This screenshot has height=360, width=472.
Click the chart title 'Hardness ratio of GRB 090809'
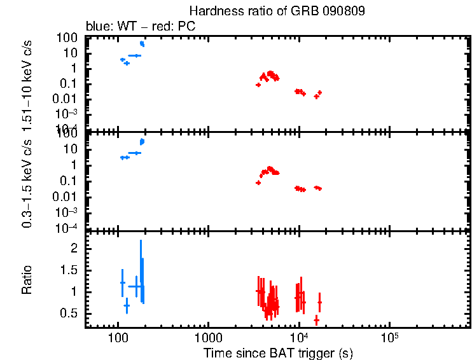277,12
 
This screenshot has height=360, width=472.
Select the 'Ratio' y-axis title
27,280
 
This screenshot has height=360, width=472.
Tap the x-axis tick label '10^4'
298,336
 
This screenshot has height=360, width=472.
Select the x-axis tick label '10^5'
389,336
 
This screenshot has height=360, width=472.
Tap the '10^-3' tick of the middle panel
67,213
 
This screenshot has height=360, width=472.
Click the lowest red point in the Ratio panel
316,320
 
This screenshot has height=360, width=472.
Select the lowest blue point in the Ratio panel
127,306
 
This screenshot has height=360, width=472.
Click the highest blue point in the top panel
142,43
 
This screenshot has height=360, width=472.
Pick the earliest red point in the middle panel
258,183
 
